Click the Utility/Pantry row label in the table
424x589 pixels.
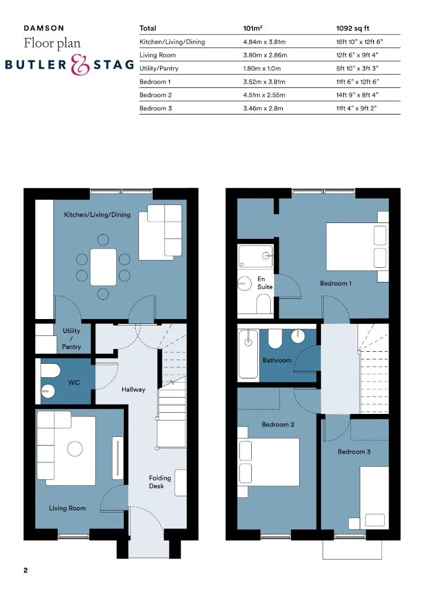pyautogui.click(x=159, y=69)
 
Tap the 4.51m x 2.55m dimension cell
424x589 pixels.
pyautogui.click(x=264, y=95)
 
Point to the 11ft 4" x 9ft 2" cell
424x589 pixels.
pyautogui.click(x=356, y=109)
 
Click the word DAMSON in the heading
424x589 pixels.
pyautogui.click(x=44, y=28)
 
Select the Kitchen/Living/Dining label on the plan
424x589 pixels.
pyautogui.click(x=97, y=215)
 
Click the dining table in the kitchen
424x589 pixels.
pyautogui.click(x=104, y=267)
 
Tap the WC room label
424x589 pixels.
pyautogui.click(x=74, y=383)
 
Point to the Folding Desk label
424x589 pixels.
pyautogui.click(x=160, y=482)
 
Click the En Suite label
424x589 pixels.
pyautogui.click(x=265, y=283)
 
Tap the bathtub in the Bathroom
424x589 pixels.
pyautogui.click(x=249, y=354)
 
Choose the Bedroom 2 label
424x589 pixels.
pyautogui.click(x=278, y=424)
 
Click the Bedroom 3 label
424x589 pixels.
pyautogui.click(x=354, y=452)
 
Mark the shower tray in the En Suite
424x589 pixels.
pyautogui.click(x=255, y=256)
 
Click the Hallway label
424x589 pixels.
pyautogui.click(x=134, y=389)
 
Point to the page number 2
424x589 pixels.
pyautogui.click(x=26, y=571)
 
